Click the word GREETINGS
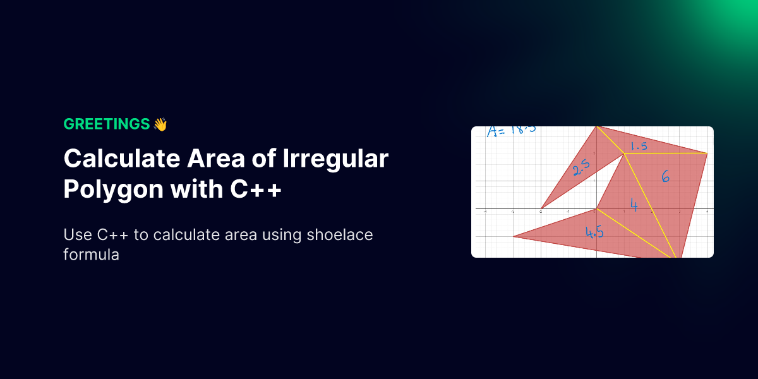pyautogui.click(x=107, y=124)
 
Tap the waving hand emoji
pyautogui.click(x=160, y=124)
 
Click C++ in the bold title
pyautogui.click(x=256, y=189)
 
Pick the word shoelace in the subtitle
pyautogui.click(x=340, y=234)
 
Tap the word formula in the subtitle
pyautogui.click(x=92, y=255)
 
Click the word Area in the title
pyautogui.click(x=216, y=159)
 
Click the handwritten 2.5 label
pyautogui.click(x=581, y=167)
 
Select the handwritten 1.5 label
pyautogui.click(x=639, y=146)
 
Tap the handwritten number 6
pyautogui.click(x=665, y=176)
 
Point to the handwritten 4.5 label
pyautogui.click(x=594, y=232)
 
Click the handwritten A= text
pyautogui.click(x=496, y=131)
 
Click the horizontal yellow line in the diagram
pyautogui.click(x=666, y=153)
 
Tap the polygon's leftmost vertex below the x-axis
pyautogui.click(x=514, y=236)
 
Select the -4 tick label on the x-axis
pyautogui.click(x=485, y=212)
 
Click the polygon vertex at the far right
pyautogui.click(x=707, y=153)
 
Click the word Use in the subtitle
pyautogui.click(x=78, y=234)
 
